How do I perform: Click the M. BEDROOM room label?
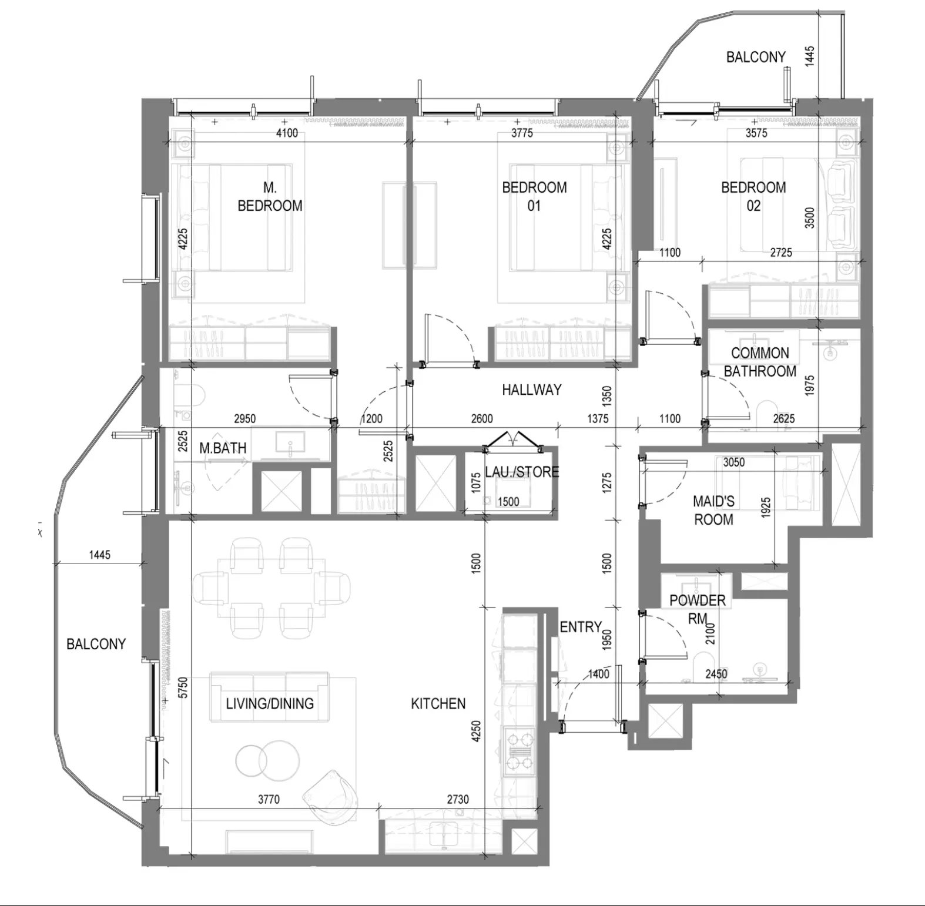pyautogui.click(x=270, y=197)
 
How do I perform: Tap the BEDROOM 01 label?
pyautogui.click(x=534, y=197)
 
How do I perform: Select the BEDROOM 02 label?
pyautogui.click(x=753, y=197)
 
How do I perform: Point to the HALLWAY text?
pyautogui.click(x=531, y=390)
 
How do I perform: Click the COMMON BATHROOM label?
pyautogui.click(x=760, y=362)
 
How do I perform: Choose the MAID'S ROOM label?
pyautogui.click(x=713, y=510)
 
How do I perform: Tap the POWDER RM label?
pyautogui.click(x=698, y=609)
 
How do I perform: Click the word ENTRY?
pyautogui.click(x=581, y=628)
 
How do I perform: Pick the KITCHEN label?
pyautogui.click(x=438, y=703)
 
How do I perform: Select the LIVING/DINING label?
pyautogui.click(x=270, y=703)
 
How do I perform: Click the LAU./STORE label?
pyautogui.click(x=522, y=472)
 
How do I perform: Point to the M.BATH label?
pyautogui.click(x=223, y=448)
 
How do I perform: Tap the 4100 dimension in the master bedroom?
pyautogui.click(x=287, y=133)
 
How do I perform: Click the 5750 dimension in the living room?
pyautogui.click(x=183, y=688)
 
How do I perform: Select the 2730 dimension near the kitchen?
pyautogui.click(x=458, y=799)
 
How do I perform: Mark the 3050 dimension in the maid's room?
pyautogui.click(x=734, y=462)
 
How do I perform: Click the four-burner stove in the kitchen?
pyautogui.click(x=519, y=749)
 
